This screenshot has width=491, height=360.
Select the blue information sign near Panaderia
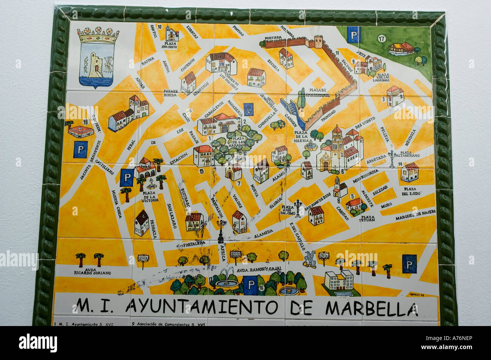point(248,109)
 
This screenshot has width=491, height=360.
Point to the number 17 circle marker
point(381,38)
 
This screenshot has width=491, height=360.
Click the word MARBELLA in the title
point(372,308)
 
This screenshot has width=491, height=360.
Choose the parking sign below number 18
point(80,149)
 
